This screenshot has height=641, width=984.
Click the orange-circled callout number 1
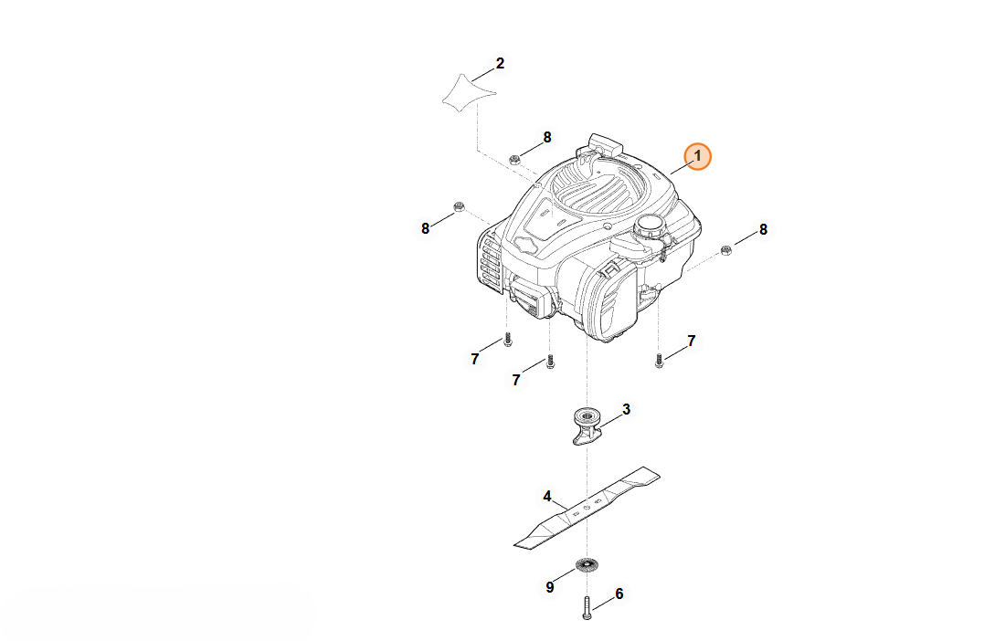tap(697, 156)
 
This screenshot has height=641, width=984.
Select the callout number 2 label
tap(500, 63)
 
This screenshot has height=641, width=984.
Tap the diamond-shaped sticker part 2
tap(469, 93)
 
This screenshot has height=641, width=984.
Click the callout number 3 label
tap(626, 410)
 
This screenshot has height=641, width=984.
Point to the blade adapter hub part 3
tap(587, 426)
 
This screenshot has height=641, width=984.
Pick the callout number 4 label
tap(546, 497)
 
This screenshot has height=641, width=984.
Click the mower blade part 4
tap(587, 508)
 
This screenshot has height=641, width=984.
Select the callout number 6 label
tap(619, 594)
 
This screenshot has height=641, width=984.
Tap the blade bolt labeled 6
tap(587, 608)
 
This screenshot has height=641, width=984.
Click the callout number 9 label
tap(550, 587)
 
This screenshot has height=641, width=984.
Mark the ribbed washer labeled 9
tap(587, 565)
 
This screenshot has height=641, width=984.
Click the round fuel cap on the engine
tap(651, 226)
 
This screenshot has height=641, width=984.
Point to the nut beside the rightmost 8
tap(726, 250)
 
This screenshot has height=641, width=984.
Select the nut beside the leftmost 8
tap(459, 206)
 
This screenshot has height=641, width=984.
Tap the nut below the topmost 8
tap(514, 159)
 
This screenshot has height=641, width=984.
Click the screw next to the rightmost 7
tap(659, 360)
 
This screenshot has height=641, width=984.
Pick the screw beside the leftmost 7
tap(508, 340)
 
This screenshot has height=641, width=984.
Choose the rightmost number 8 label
tap(763, 229)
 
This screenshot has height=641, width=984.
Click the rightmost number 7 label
tap(691, 341)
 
